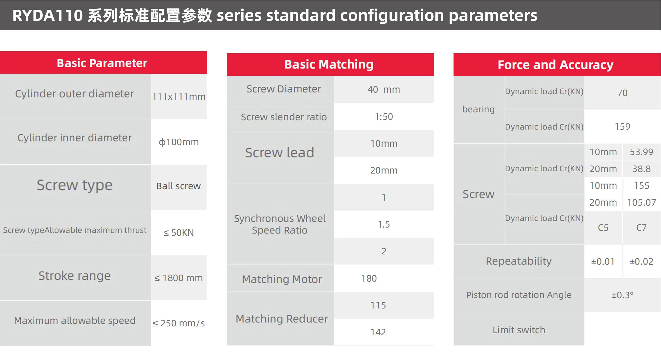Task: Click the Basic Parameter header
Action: point(102,63)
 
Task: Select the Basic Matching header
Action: point(329,64)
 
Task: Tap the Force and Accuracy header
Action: point(556,65)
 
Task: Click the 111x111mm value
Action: point(179,97)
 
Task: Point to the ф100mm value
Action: point(179,142)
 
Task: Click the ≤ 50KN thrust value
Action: point(179,233)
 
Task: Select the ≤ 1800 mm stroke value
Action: point(179,278)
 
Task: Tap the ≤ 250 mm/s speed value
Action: point(179,323)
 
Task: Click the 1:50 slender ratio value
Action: point(384,117)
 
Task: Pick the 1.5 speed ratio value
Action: point(384,224)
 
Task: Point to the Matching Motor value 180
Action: point(369,278)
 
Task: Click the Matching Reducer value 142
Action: point(378,332)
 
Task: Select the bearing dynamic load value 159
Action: point(622,126)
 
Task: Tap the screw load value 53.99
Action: point(642,152)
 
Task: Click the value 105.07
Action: point(642,203)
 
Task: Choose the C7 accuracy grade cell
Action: point(642,228)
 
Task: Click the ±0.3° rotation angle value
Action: point(622,295)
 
